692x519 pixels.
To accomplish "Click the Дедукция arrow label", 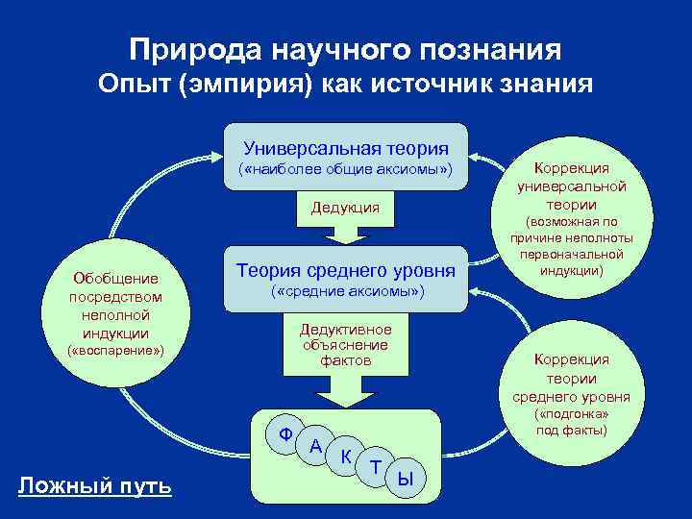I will click(x=345, y=208).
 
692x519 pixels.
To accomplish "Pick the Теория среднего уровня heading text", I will click(x=346, y=271).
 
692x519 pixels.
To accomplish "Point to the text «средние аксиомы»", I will click(x=346, y=290).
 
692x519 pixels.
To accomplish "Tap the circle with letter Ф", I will click(x=285, y=433).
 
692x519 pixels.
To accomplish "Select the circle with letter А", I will click(x=315, y=446).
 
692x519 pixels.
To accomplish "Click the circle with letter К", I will click(x=345, y=457).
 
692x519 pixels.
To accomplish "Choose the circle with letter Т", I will click(x=376, y=467).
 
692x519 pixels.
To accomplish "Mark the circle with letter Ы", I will click(x=406, y=477).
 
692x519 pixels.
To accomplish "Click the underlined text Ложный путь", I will click(x=95, y=487).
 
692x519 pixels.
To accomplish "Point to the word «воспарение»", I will click(x=115, y=352).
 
